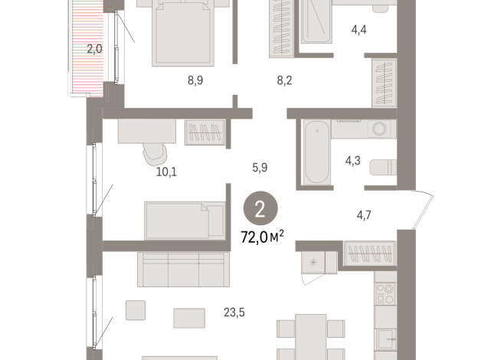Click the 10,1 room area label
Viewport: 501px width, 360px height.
[166, 172]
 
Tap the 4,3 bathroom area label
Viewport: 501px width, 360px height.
[354, 162]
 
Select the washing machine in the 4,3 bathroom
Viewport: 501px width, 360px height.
[378, 129]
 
